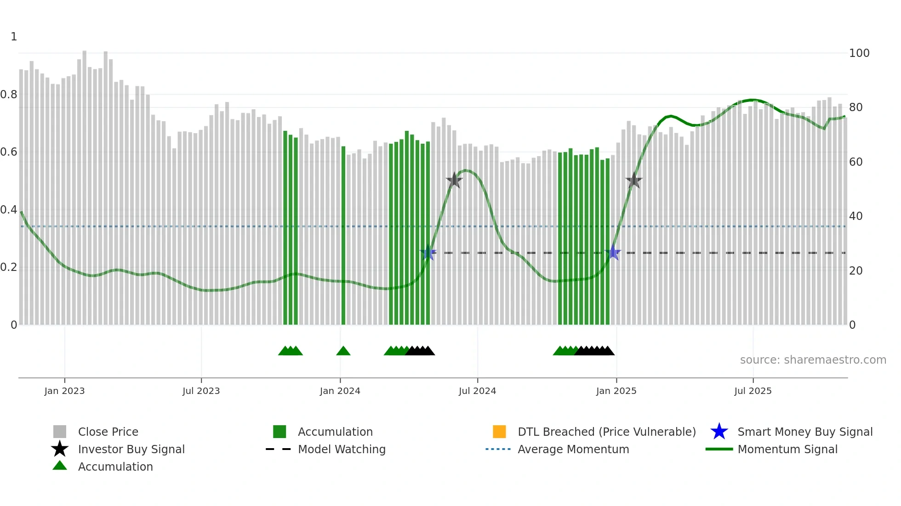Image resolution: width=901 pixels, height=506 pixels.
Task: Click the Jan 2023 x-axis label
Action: [x=64, y=391]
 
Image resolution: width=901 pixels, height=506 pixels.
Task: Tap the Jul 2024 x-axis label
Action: [x=477, y=391]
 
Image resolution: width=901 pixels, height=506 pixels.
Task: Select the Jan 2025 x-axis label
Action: [x=616, y=391]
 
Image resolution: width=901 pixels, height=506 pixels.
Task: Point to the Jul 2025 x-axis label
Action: [x=753, y=391]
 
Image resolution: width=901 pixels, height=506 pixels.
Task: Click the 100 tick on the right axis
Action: [x=859, y=53]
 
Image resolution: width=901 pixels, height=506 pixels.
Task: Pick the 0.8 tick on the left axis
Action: [x=9, y=95]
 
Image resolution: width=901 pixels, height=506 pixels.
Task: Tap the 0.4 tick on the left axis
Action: [x=9, y=210]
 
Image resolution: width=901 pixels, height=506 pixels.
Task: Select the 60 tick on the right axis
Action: [x=855, y=162]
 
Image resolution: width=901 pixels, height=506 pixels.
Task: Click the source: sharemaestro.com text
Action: [x=813, y=360]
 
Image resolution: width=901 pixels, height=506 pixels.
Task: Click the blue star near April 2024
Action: [x=428, y=253]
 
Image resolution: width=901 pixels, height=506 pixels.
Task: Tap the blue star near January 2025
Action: [x=613, y=253]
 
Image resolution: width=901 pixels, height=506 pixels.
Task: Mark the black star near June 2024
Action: [x=454, y=180]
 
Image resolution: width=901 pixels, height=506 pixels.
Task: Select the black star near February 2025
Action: [x=634, y=180]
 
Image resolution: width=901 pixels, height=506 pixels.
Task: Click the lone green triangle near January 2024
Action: [x=343, y=351]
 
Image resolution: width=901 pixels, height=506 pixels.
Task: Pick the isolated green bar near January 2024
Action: [x=343, y=235]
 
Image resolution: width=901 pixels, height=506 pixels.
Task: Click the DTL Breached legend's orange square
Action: [x=499, y=432]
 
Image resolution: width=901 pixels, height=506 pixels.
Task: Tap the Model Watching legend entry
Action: [x=341, y=449]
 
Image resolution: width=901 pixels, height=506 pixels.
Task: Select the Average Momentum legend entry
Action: [x=573, y=449]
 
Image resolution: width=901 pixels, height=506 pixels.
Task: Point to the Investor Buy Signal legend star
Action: [x=60, y=449]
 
